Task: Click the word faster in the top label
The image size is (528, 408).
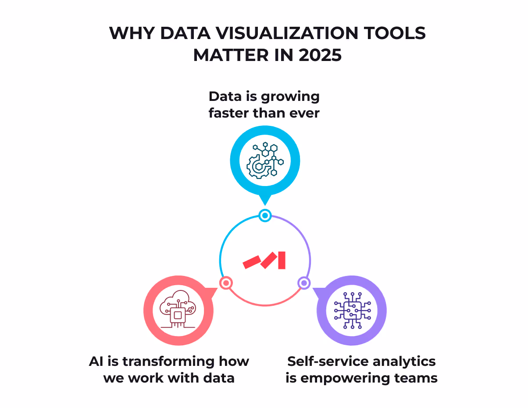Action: click(230, 113)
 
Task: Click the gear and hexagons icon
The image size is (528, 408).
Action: click(265, 161)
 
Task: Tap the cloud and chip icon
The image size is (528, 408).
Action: click(178, 309)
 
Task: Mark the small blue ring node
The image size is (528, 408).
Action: click(265, 215)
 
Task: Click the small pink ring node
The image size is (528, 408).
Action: click(226, 283)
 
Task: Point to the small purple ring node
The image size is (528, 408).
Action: click(304, 283)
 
